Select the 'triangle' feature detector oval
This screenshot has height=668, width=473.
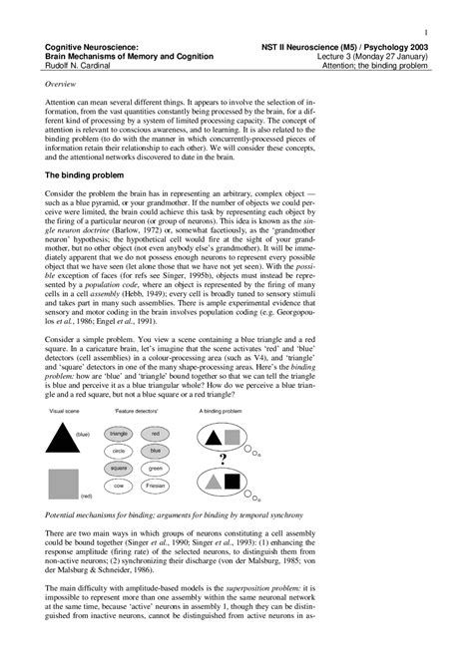pyautogui.click(x=120, y=407)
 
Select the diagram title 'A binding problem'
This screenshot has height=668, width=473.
pyautogui.click(x=222, y=383)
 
